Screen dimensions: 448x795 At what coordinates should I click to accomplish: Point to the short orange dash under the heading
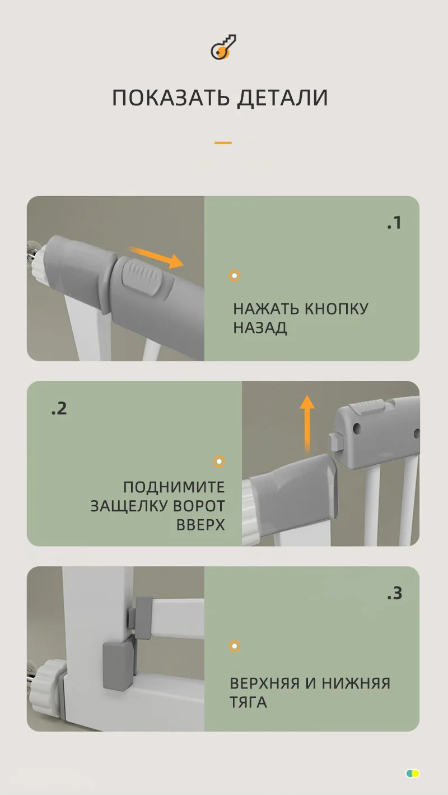pos(223,143)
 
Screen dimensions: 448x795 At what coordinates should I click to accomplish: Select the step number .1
pos(394,223)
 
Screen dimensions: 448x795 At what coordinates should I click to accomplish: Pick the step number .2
pos(59,408)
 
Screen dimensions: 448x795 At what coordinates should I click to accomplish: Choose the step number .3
pos(394,593)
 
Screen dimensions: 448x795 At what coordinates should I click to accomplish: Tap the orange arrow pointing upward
pos(306,420)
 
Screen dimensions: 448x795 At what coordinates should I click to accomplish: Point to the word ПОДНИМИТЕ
pos(174,487)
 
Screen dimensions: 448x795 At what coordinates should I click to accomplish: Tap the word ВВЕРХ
pos(200,525)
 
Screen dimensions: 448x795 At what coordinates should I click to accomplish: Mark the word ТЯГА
pos(248,702)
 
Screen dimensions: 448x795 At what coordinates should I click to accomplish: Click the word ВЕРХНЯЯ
pos(264,683)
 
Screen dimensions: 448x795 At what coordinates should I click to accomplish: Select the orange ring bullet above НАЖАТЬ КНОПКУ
pos(235,275)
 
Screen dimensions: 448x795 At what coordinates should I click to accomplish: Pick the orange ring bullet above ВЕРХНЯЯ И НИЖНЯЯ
pos(235,646)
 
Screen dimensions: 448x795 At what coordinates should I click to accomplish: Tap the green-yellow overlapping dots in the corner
pos(413,774)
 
